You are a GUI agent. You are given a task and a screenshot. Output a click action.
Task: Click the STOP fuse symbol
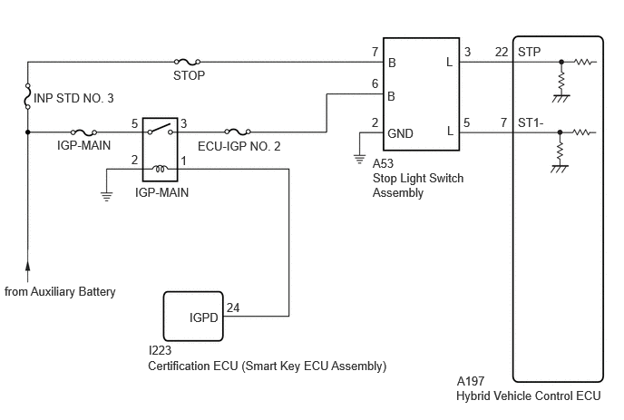pos(187,62)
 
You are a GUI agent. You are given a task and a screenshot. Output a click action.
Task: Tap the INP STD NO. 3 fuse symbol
pos(28,96)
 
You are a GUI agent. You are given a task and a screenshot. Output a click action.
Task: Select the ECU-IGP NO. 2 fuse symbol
pos(238,132)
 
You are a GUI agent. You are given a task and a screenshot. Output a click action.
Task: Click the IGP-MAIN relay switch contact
pos(160,130)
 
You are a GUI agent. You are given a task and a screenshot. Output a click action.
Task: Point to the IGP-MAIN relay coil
pos(160,170)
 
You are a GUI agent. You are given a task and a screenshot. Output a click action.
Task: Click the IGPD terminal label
pos(204,317)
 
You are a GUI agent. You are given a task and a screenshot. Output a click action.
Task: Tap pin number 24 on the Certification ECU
pos(233,308)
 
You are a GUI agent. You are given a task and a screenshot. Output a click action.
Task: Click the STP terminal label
pos(530,52)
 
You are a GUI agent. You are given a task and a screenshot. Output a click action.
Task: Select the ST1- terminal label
pos(531,122)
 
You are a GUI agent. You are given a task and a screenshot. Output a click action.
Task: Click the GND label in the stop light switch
pos(400,133)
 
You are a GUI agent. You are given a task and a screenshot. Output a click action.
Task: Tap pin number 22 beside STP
pos(502,52)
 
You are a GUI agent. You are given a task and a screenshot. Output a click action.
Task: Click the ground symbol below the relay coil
pos(106,196)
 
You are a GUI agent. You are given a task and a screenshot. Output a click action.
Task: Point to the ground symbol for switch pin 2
pos(359,160)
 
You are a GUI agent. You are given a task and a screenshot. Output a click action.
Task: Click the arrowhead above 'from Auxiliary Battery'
pos(28,267)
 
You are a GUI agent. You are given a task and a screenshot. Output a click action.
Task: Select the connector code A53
pos(383,163)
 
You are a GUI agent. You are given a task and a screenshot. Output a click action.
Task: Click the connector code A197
pos(471,381)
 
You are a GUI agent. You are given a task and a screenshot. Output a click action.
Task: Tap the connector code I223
pos(160,350)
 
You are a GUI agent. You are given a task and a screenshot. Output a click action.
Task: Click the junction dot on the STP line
pos(561,62)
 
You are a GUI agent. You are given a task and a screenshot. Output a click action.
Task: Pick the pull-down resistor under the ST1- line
pos(560,151)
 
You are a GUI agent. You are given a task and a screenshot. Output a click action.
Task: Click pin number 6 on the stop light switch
pos(375,83)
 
